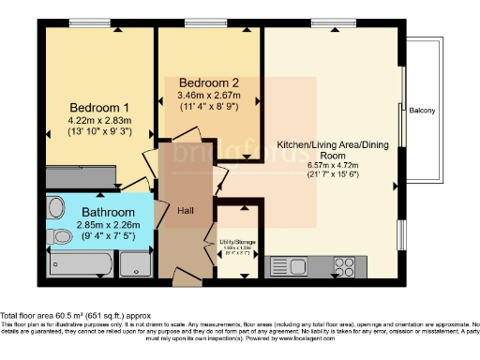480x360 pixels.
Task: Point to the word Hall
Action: pos(186,212)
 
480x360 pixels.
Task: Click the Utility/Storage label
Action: pos(238,242)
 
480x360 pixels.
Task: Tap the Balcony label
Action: pos(421,111)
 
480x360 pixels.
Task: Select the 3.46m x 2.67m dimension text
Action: pos(209,94)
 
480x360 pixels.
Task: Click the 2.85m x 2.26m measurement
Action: pos(109,225)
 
